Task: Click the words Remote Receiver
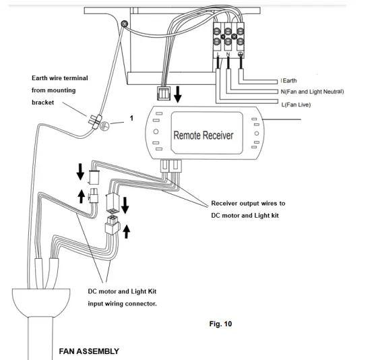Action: [x=203, y=135]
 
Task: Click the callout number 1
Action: [x=131, y=118]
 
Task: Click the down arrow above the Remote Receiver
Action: [x=177, y=92]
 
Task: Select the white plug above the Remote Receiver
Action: [x=162, y=93]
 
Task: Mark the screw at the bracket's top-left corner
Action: [x=123, y=25]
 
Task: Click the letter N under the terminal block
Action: [x=228, y=55]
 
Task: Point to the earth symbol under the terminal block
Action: [x=241, y=55]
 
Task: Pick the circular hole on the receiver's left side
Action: [x=156, y=132]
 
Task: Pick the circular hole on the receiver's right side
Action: [x=255, y=133]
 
